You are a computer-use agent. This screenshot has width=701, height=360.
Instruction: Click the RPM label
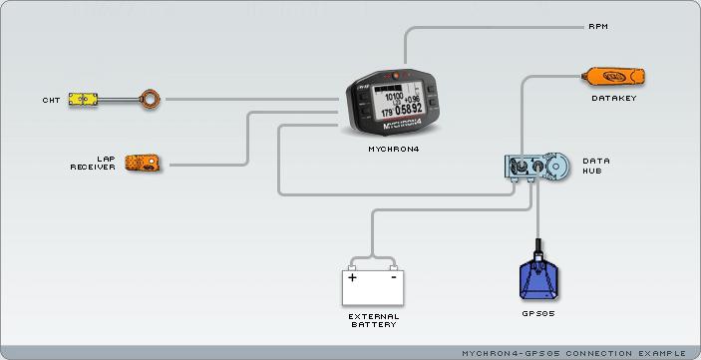(x=598, y=26)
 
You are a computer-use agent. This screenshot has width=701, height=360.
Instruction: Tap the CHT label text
(x=51, y=100)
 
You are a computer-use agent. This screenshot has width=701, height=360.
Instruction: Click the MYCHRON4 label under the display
(x=394, y=148)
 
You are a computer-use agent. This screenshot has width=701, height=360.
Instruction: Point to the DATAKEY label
(x=613, y=98)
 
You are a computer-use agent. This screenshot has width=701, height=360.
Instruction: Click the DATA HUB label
(x=596, y=166)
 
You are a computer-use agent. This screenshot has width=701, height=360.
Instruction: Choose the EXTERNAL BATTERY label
(x=373, y=320)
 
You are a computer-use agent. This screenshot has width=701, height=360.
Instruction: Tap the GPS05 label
(x=538, y=314)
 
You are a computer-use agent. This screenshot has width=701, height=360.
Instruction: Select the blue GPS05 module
(x=538, y=279)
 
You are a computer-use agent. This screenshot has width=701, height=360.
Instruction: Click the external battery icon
(x=372, y=287)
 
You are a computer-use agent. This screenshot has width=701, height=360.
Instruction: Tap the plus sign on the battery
(x=352, y=277)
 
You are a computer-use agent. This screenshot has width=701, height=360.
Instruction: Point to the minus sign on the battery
(x=394, y=277)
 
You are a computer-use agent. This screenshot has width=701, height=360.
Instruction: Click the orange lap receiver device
(x=146, y=163)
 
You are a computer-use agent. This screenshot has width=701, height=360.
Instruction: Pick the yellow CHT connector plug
(x=84, y=100)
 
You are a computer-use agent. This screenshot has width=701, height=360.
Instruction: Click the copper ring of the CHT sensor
(x=150, y=99)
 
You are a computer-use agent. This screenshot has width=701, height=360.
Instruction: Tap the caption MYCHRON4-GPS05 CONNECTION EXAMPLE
(x=574, y=353)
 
